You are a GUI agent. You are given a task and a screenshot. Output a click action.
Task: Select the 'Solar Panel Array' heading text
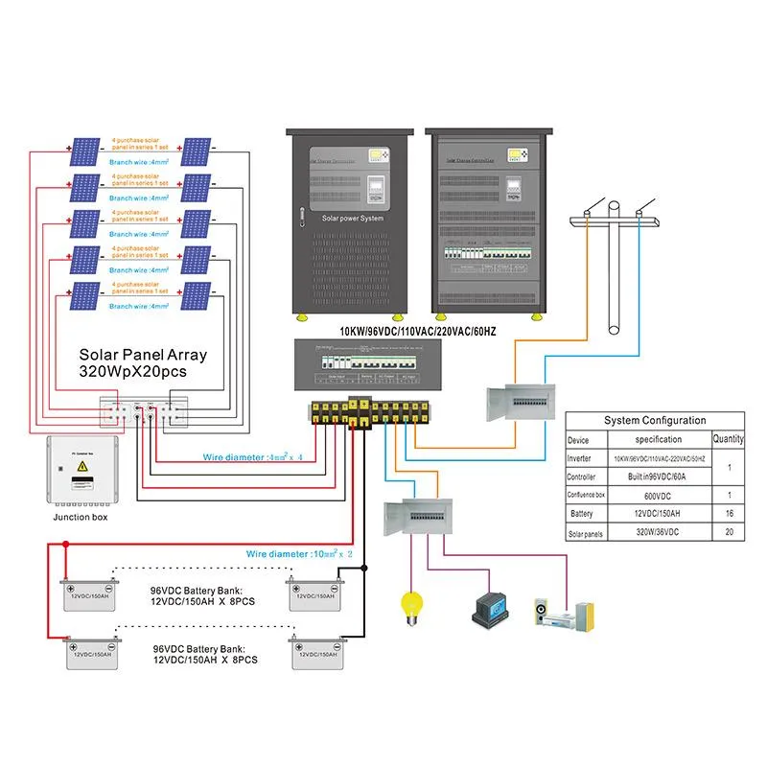[x=143, y=355]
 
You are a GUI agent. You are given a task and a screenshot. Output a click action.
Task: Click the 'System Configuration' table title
[x=655, y=420]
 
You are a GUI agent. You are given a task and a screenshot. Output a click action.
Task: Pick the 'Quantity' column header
[x=728, y=439]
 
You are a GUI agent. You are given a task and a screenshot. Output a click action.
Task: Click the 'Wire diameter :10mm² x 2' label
[x=299, y=554]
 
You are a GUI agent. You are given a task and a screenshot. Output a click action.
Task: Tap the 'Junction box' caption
[x=81, y=517]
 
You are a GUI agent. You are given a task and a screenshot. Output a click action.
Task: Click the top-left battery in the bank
[x=87, y=594]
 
